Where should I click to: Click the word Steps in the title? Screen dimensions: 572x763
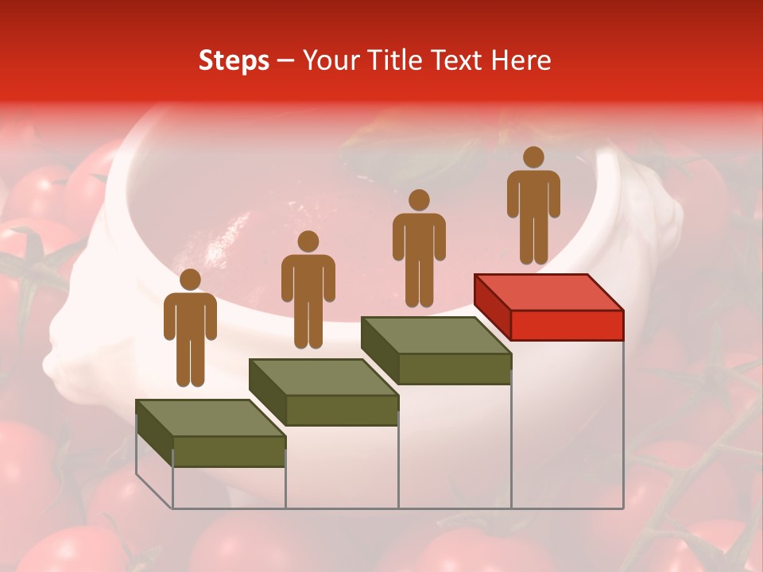(234, 61)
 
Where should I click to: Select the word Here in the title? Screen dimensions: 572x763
(521, 60)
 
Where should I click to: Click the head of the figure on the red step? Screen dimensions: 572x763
(533, 157)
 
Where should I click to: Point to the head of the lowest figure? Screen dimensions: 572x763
(190, 280)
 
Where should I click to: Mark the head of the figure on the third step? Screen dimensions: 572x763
(419, 200)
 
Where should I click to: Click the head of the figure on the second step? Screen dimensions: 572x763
(308, 242)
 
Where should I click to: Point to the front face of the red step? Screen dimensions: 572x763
(567, 325)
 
